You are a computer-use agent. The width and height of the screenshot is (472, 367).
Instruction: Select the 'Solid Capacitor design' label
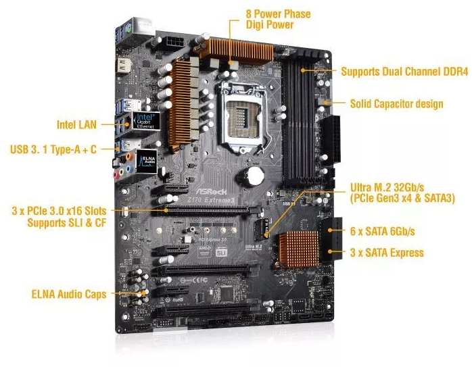pos(396,103)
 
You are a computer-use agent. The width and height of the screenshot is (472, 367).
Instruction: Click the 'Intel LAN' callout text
pos(76,124)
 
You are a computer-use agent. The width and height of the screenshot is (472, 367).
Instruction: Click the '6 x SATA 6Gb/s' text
pos(383,231)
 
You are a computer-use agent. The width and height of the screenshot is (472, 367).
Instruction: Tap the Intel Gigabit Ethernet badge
pos(145,122)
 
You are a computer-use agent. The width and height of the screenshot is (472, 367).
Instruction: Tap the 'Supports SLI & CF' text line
pos(67,222)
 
